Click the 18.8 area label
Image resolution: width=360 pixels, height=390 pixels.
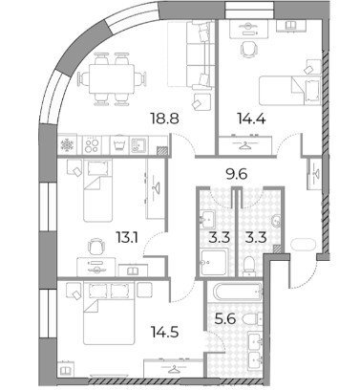pos(165,119)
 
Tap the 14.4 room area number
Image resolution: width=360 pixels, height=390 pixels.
pos(251,119)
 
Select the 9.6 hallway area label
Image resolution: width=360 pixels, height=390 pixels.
pos(236,174)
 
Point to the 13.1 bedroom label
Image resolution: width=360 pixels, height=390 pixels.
pos(127,237)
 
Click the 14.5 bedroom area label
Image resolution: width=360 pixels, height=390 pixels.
pos(164,332)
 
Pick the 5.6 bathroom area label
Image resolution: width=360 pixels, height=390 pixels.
pos(225,318)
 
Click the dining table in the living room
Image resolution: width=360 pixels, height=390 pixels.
pos(112,78)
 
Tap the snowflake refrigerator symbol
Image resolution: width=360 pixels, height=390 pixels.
pos(68,145)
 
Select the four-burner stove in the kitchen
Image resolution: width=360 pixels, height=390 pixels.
pos(92,145)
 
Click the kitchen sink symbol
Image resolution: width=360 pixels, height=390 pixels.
pos(138,145)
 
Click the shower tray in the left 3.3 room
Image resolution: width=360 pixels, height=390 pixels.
pos(214,263)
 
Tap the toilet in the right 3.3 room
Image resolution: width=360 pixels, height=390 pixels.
pos(249,267)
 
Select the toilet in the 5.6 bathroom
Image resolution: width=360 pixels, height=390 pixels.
pos(253,319)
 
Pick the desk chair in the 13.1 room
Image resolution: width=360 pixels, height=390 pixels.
pos(96,247)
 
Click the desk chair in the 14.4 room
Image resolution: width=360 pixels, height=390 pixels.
pos(248,49)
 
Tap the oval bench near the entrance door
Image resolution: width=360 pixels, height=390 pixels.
pos(303,246)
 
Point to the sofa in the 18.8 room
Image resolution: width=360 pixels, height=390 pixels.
pos(190,54)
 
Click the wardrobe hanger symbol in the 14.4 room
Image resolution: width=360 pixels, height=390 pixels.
pos(244,145)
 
